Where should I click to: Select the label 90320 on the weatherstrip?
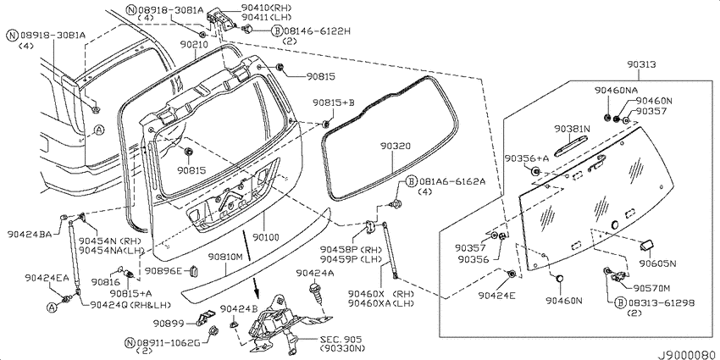(x=395, y=146)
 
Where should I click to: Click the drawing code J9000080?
(x=688, y=355)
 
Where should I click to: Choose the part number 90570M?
(x=651, y=288)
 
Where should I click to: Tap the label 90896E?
(x=163, y=270)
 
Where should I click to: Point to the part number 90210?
(x=194, y=45)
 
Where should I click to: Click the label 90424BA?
(x=29, y=233)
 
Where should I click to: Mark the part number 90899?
(x=168, y=324)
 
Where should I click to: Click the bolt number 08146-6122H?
(x=317, y=30)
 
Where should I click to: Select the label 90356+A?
(x=527, y=158)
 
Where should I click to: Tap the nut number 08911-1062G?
(x=168, y=342)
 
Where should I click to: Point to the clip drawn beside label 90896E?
(x=193, y=271)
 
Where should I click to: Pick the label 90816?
(x=105, y=281)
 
